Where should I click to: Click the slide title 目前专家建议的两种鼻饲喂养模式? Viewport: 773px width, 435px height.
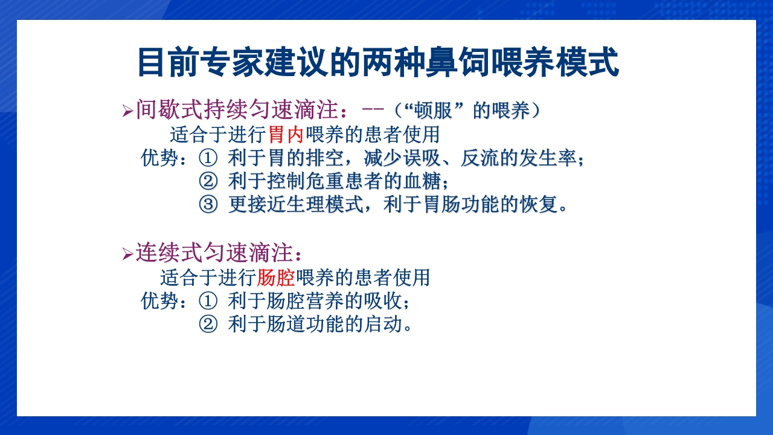(x=378, y=62)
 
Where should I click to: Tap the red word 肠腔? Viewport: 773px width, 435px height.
(x=275, y=278)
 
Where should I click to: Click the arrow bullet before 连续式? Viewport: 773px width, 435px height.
(x=127, y=254)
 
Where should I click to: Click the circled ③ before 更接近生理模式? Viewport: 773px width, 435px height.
(x=208, y=205)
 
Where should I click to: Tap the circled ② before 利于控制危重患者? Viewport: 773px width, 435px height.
(x=208, y=181)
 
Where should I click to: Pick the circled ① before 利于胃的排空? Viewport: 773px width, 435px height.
(x=208, y=158)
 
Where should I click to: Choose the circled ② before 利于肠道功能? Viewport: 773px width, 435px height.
(x=208, y=324)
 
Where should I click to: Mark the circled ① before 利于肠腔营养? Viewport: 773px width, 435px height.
(x=208, y=301)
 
